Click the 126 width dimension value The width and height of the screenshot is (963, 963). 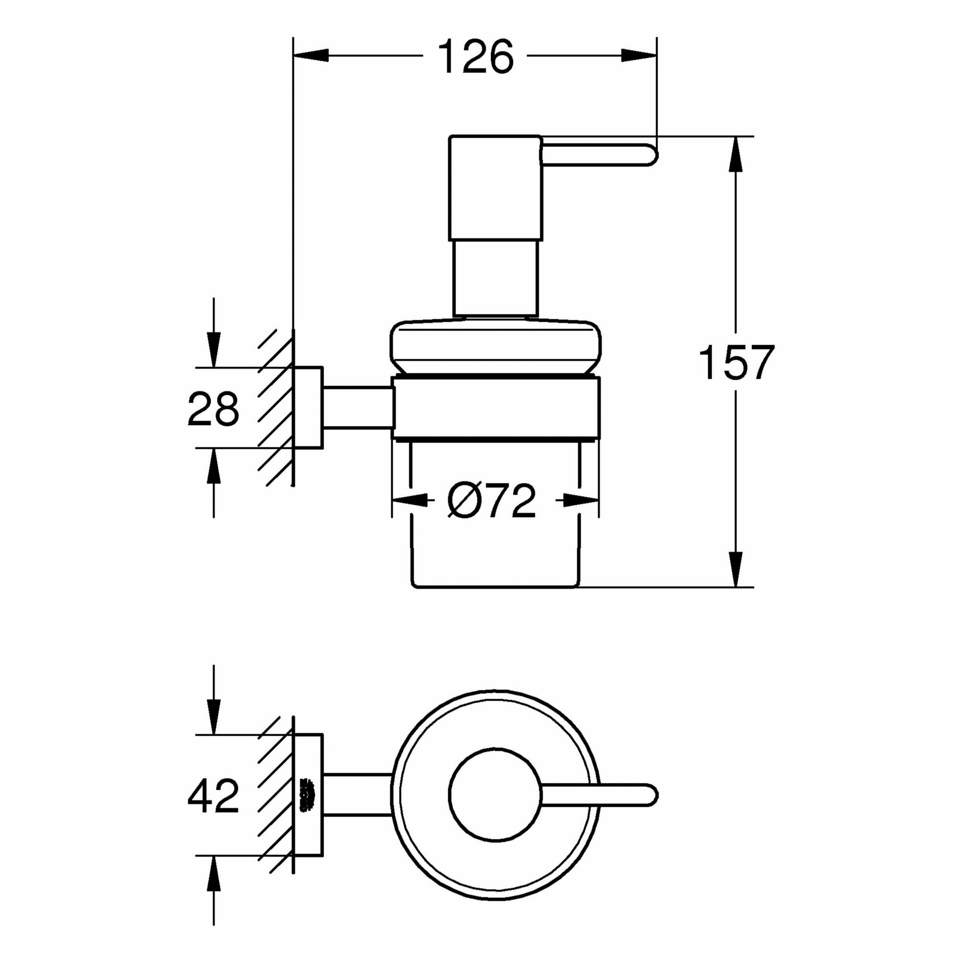pyautogui.click(x=476, y=56)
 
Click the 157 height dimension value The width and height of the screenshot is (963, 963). pyautogui.click(x=736, y=363)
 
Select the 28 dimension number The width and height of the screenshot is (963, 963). pyautogui.click(x=213, y=408)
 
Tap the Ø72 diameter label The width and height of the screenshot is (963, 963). pyautogui.click(x=491, y=500)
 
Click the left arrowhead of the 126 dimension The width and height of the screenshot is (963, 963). pyautogui.click(x=312, y=56)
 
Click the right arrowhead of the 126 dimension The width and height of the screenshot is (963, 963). pyautogui.click(x=639, y=56)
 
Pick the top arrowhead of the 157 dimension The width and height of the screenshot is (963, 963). pyautogui.click(x=735, y=154)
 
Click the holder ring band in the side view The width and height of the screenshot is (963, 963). pyautogui.click(x=496, y=408)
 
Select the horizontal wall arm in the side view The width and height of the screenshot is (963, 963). pyautogui.click(x=357, y=407)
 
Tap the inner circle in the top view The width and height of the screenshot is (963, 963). pyautogui.click(x=495, y=794)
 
